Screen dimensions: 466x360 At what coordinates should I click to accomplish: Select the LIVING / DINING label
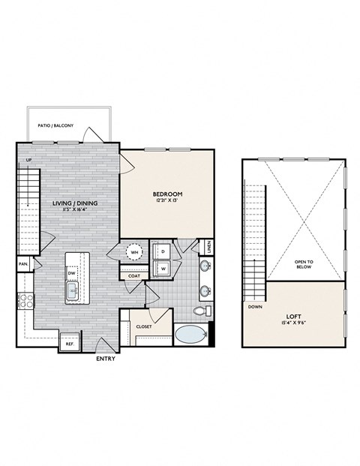coord(74,203)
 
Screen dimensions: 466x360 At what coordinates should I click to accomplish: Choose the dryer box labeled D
coord(163,251)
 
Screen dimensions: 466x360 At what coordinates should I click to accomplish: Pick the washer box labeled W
coord(163,268)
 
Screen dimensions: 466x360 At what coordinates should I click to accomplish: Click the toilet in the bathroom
coord(200,310)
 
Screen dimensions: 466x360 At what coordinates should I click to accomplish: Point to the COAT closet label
coord(134,276)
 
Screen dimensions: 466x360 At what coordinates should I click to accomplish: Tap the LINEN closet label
coord(208,247)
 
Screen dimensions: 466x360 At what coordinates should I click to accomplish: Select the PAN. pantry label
coord(24,264)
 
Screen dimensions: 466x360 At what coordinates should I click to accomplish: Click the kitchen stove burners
coord(25,301)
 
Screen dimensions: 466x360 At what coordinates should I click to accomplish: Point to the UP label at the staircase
coord(28,160)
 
